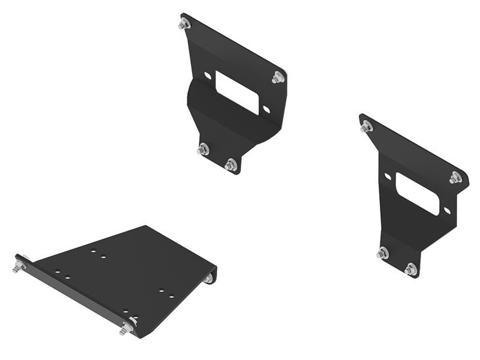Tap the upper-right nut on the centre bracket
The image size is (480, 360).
coord(277,77)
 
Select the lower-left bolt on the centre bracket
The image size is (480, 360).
coord(203,149)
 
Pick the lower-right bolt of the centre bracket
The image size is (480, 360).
coord(231,164)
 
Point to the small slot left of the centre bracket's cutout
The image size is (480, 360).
coord(208,76)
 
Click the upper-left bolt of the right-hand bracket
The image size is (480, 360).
coord(367,126)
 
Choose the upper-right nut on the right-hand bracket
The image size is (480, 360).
coord(455,178)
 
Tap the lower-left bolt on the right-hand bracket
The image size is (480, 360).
coord(383,253)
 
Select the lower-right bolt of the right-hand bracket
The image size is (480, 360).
coord(411,269)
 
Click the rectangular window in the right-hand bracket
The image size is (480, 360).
coord(417,194)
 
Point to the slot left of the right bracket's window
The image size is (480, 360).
coord(388,176)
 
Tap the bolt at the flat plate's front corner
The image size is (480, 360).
coord(127,328)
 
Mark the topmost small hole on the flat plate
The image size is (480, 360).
coord(94,251)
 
